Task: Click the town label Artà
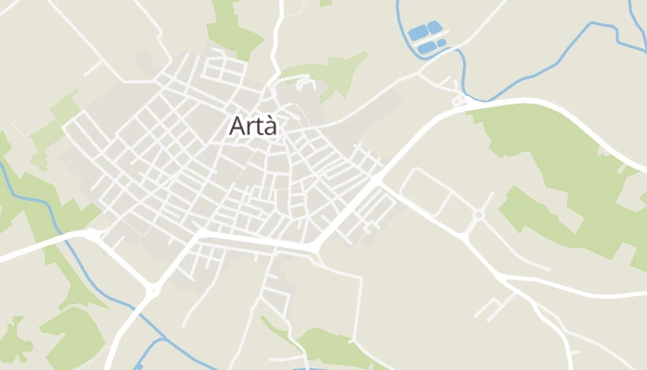pyautogui.click(x=252, y=128)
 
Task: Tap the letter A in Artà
pyautogui.click(x=237, y=128)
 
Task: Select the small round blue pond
pyautogui.click(x=442, y=43)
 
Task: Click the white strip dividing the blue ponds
pyautogui.click(x=426, y=39)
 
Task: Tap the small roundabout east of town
pyautogui.click(x=478, y=217)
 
